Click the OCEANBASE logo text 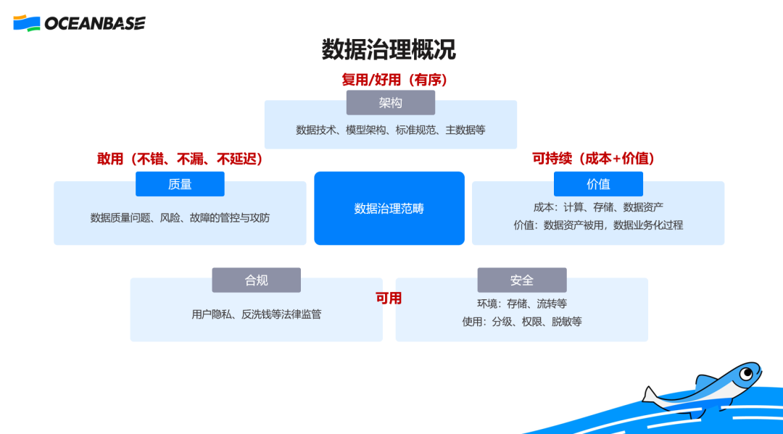point(94,23)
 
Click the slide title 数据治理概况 point(389,49)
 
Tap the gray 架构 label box point(390,103)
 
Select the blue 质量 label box point(180,184)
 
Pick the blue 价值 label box point(598,184)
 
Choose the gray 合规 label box point(256,280)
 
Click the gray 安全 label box point(521,280)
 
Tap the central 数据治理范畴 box point(389,209)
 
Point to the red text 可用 point(389,299)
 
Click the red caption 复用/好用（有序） point(394,80)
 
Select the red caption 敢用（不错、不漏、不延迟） point(180,159)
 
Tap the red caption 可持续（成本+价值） point(598,159)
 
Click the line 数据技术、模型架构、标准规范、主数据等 point(390,130)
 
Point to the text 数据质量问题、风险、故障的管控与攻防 point(180,217)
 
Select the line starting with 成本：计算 point(598,207)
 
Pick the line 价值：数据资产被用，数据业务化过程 point(598,225)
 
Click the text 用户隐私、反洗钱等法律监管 point(256,314)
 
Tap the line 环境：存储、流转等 point(521,304)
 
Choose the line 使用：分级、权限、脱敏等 point(521,321)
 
